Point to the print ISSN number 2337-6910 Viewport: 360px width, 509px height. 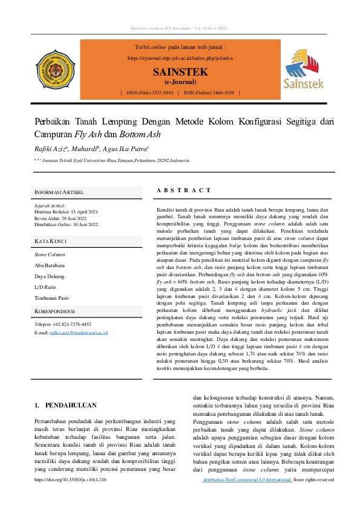pyautogui.click(x=159, y=93)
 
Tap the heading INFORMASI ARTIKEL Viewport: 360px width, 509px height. pyautogui.click(x=59, y=192)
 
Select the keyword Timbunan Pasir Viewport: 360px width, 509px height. pyautogui.click(x=51, y=298)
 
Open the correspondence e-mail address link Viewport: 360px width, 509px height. pyautogui.click(x=78, y=332)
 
